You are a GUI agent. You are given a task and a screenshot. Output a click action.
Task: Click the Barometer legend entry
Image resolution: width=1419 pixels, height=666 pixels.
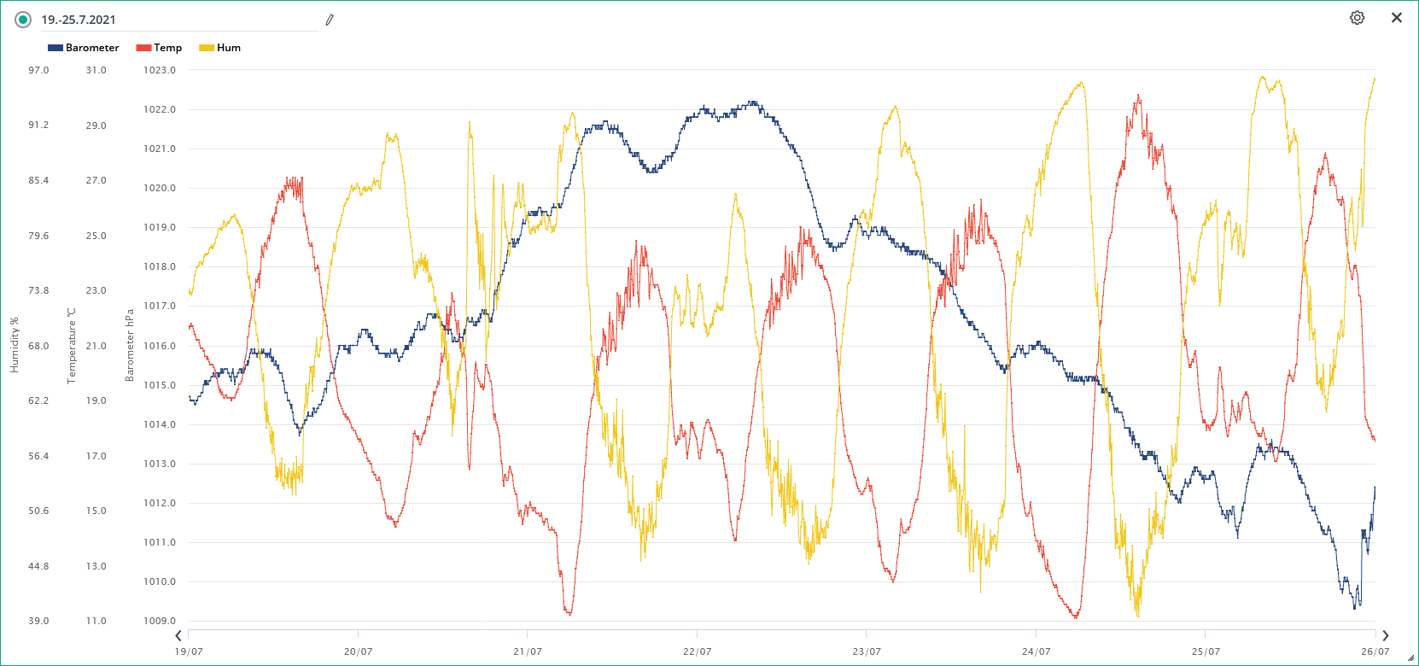pyautogui.click(x=84, y=48)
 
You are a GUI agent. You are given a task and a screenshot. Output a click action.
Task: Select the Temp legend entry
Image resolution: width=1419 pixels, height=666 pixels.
pyautogui.click(x=160, y=48)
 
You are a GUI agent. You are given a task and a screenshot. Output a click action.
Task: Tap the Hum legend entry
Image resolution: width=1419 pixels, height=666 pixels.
pyautogui.click(x=220, y=48)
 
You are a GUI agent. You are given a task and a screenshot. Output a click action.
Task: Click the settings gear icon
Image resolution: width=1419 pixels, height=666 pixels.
pyautogui.click(x=1357, y=18)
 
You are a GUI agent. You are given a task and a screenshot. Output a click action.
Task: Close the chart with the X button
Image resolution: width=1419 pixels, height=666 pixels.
pyautogui.click(x=1397, y=18)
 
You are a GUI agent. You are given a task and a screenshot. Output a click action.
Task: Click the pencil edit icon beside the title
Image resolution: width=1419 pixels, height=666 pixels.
pyautogui.click(x=330, y=20)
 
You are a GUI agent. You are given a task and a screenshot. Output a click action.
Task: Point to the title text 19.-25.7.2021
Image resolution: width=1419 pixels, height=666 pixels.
pyautogui.click(x=79, y=20)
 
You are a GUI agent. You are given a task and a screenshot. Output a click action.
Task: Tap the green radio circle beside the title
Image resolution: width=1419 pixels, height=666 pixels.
pyautogui.click(x=23, y=20)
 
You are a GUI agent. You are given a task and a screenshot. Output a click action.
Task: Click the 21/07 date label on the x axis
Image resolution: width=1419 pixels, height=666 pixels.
pyautogui.click(x=528, y=651)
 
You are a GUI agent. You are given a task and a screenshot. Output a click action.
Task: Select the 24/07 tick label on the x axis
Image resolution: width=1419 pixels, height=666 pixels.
pyautogui.click(x=1036, y=651)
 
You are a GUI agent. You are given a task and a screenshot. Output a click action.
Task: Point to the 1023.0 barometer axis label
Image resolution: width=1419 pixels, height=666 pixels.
pyautogui.click(x=160, y=70)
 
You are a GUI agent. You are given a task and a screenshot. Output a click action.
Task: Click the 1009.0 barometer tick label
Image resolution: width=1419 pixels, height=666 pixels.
pyautogui.click(x=160, y=621)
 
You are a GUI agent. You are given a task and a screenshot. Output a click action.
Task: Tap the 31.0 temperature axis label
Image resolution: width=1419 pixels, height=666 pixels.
pyautogui.click(x=96, y=70)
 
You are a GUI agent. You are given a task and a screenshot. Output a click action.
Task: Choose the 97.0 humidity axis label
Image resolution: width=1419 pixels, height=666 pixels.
pyautogui.click(x=38, y=70)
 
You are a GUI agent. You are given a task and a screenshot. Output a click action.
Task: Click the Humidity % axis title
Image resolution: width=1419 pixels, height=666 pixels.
pyautogui.click(x=15, y=345)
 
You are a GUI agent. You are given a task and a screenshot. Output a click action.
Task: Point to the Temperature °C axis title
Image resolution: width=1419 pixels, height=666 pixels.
pyautogui.click(x=72, y=345)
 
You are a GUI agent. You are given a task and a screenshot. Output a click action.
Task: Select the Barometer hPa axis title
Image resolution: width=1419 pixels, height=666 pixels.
pyautogui.click(x=130, y=345)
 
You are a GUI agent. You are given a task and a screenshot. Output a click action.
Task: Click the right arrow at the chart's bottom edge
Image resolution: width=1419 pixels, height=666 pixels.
pyautogui.click(x=1385, y=635)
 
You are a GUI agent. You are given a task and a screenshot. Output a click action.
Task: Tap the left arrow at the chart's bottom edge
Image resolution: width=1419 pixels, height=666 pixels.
pyautogui.click(x=178, y=635)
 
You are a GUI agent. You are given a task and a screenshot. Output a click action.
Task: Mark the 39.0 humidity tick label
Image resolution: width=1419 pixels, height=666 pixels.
pyautogui.click(x=38, y=621)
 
